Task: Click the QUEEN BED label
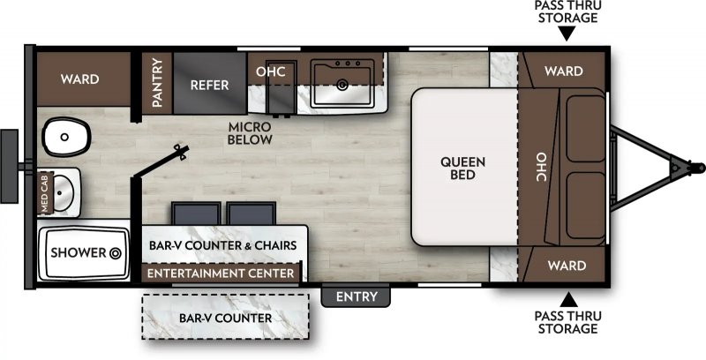457,168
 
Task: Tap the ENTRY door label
357,296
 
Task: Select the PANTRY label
157,83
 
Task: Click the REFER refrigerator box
210,85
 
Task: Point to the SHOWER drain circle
114,253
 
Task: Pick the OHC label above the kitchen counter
270,71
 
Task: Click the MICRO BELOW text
249,133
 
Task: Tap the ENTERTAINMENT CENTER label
221,274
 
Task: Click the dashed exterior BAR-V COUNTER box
225,317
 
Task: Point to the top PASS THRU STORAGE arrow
567,34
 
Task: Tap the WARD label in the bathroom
79,79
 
